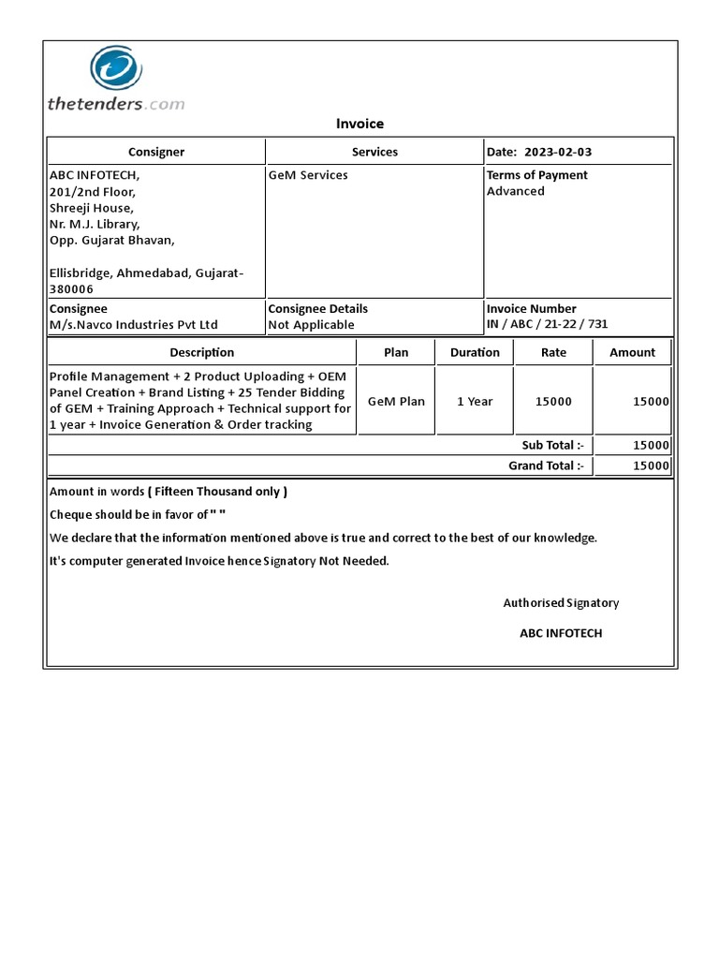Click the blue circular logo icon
(115, 71)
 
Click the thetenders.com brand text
(116, 104)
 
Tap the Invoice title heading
(359, 124)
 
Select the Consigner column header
(156, 152)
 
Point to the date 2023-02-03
(558, 152)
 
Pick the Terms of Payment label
(537, 175)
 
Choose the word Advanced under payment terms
(515, 191)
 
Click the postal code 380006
(71, 289)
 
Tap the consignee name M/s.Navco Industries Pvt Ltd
(133, 325)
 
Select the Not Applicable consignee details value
(311, 325)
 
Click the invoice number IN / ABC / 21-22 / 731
(547, 325)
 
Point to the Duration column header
(475, 352)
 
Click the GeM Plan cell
(396, 401)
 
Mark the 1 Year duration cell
(475, 401)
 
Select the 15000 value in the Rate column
(553, 401)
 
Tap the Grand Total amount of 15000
(651, 465)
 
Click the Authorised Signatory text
(561, 603)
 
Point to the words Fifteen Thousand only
(220, 492)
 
